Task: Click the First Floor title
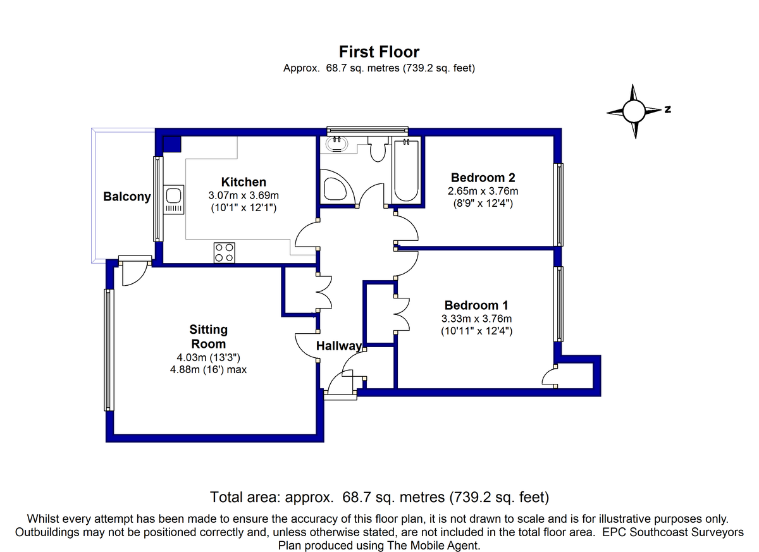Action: point(379,52)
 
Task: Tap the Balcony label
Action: point(127,197)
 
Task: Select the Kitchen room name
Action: point(244,182)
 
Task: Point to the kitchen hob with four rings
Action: point(225,253)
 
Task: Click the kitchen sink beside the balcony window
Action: point(173,199)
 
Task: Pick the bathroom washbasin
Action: point(336,144)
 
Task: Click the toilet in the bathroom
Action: point(378,149)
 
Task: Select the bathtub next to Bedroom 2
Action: point(406,170)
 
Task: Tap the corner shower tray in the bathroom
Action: point(337,187)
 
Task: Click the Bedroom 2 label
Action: point(483,178)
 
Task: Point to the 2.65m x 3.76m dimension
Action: point(483,191)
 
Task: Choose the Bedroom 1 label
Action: point(476,305)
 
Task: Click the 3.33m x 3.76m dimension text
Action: point(476,319)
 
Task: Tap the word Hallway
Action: point(339,346)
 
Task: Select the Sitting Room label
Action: point(208,336)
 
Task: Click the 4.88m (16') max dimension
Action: point(208,369)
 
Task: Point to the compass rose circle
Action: point(634,111)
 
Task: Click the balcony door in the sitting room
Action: point(135,271)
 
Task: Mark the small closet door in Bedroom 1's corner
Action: point(550,376)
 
